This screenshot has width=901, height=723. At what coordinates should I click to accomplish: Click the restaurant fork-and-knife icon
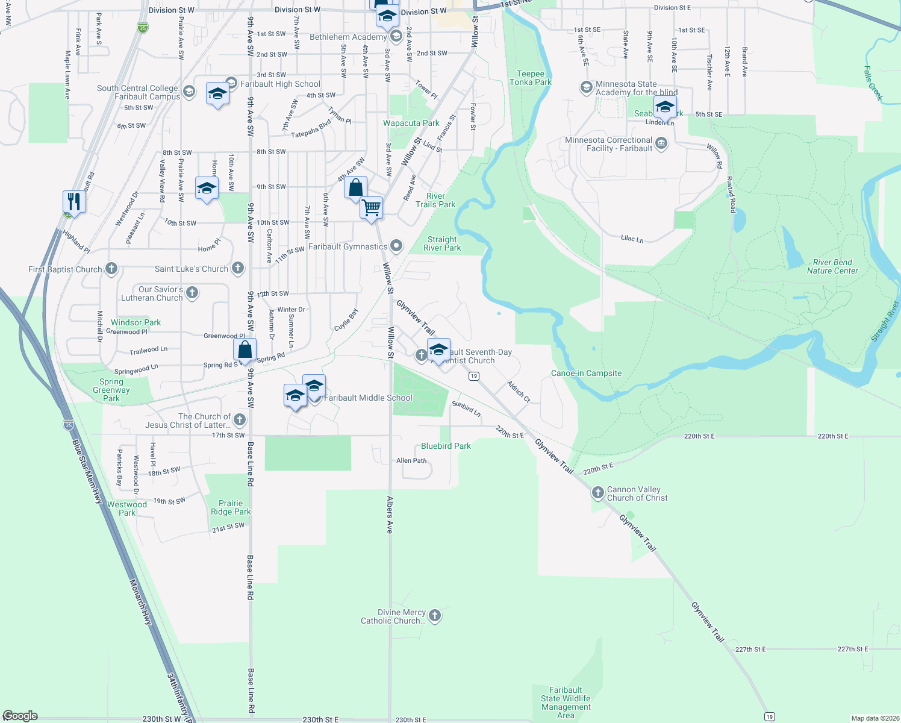pos(74,201)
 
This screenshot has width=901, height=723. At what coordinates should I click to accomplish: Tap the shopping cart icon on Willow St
pos(372,208)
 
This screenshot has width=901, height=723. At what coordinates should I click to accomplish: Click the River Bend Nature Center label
pos(832,266)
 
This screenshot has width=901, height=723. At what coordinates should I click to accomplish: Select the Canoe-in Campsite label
pos(586,373)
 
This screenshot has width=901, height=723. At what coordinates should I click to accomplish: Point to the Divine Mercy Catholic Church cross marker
pos(435,616)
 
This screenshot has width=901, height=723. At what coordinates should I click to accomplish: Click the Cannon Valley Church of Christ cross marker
pos(597,493)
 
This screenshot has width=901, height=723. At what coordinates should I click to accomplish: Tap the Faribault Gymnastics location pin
pos(396,246)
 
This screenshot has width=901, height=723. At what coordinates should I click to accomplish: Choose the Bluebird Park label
pos(446,446)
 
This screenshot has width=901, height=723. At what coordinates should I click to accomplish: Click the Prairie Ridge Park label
pos(231,507)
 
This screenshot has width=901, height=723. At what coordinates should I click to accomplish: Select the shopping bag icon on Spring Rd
pos(245,349)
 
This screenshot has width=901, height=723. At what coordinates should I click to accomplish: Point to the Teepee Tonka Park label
pos(530,78)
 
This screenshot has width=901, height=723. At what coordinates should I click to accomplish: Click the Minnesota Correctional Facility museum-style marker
pos(661,143)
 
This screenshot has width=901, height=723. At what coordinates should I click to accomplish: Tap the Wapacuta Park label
pos(411,123)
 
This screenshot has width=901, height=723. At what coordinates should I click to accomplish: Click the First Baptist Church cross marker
pos(111,269)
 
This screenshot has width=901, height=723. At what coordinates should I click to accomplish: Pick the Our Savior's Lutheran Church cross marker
pos(192,293)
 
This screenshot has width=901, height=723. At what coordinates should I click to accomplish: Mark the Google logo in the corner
pos(20,716)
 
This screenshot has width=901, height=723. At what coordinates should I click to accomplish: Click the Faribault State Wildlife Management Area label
pos(566,703)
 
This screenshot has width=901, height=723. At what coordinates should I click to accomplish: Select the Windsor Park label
pos(136,322)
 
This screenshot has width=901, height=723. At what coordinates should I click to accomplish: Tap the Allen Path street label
pos(411,460)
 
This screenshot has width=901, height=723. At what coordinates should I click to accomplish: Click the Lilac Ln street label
pos(632,239)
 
